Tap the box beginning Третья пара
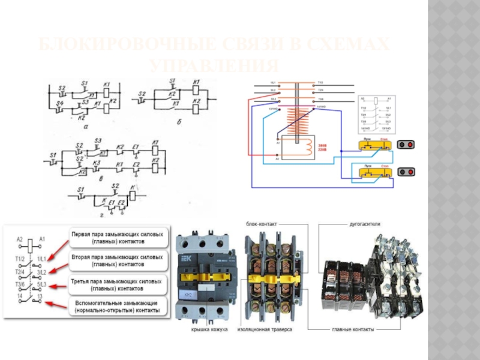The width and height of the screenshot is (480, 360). click(x=118, y=285)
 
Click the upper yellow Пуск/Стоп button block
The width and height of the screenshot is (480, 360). click(x=373, y=145)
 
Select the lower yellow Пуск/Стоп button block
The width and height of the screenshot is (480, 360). click(x=373, y=172)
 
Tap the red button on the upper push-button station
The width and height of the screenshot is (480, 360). click(x=410, y=145)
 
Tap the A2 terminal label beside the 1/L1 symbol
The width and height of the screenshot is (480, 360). click(x=20, y=239)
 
